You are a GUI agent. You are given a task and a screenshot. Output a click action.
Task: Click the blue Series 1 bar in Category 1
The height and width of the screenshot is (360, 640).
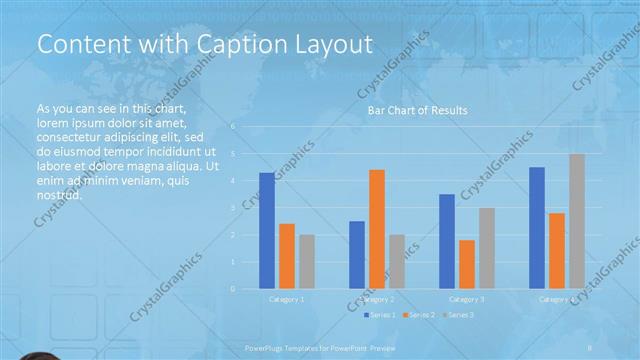pyautogui.click(x=267, y=231)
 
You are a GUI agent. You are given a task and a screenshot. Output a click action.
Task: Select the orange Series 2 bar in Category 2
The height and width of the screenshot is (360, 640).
pyautogui.click(x=377, y=229)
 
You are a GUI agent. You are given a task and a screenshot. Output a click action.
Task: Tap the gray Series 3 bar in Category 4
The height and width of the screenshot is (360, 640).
pyautogui.click(x=577, y=221)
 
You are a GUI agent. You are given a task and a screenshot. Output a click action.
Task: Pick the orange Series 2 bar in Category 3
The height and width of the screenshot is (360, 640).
pyautogui.click(x=467, y=264)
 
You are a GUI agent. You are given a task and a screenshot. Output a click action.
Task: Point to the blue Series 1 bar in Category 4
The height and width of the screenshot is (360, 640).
pyautogui.click(x=537, y=228)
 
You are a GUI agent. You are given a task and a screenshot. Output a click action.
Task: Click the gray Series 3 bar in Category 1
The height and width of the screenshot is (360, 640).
pyautogui.click(x=307, y=262)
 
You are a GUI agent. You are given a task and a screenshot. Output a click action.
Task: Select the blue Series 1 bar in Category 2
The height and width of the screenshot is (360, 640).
pyautogui.click(x=357, y=255)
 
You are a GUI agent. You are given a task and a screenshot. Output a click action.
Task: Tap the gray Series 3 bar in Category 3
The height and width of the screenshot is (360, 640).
pyautogui.click(x=487, y=248)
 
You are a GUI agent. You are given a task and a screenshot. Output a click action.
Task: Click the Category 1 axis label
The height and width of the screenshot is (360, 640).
pyautogui.click(x=287, y=299)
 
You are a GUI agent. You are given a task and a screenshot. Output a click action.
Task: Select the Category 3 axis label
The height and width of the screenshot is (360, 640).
pyautogui.click(x=467, y=299)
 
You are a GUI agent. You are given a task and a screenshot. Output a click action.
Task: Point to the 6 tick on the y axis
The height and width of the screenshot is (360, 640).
pyautogui.click(x=232, y=127)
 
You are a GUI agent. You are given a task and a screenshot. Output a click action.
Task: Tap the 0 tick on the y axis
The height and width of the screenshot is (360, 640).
pyautogui.click(x=232, y=289)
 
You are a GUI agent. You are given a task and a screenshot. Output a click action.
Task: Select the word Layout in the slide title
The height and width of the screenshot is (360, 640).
pyautogui.click(x=327, y=45)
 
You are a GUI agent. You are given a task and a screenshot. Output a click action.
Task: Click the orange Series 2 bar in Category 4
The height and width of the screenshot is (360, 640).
pyautogui.click(x=557, y=251)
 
